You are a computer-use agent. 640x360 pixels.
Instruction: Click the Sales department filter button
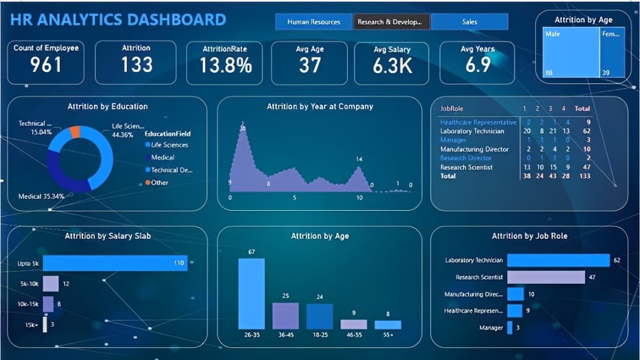tap(469, 22)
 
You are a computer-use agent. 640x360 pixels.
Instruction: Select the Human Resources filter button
tap(314, 22)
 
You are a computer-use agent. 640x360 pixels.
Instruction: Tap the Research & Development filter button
tap(392, 22)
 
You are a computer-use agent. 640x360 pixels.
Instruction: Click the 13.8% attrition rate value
tap(225, 65)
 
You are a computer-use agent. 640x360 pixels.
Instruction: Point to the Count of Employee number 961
tap(46, 65)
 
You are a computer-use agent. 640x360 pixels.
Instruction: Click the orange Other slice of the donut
tap(75, 132)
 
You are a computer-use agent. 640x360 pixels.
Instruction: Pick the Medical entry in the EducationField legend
tap(163, 157)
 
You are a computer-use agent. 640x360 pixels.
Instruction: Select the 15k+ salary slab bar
tap(45, 325)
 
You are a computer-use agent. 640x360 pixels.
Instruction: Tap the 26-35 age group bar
tap(251, 294)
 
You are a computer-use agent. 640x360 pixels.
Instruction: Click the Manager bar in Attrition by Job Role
tap(510, 328)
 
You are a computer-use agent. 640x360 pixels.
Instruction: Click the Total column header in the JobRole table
tap(583, 108)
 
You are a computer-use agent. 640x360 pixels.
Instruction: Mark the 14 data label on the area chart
tap(359, 159)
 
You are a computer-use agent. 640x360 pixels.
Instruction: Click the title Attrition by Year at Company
tap(320, 107)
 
